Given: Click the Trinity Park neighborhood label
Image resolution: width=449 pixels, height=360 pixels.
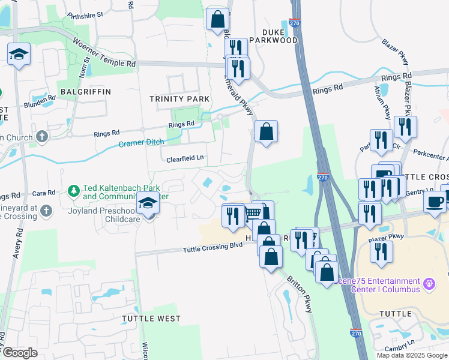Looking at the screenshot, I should pos(179,99).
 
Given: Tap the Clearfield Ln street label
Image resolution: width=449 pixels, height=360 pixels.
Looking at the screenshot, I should pos(185,158).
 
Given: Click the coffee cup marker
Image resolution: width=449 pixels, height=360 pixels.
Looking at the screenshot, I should pos(434,202).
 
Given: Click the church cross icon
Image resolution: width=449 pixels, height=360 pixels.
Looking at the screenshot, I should pos(41,136).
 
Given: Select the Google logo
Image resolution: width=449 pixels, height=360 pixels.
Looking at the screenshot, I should pos(20,353).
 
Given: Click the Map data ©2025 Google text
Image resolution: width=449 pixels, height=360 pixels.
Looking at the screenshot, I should pos(412,355).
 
